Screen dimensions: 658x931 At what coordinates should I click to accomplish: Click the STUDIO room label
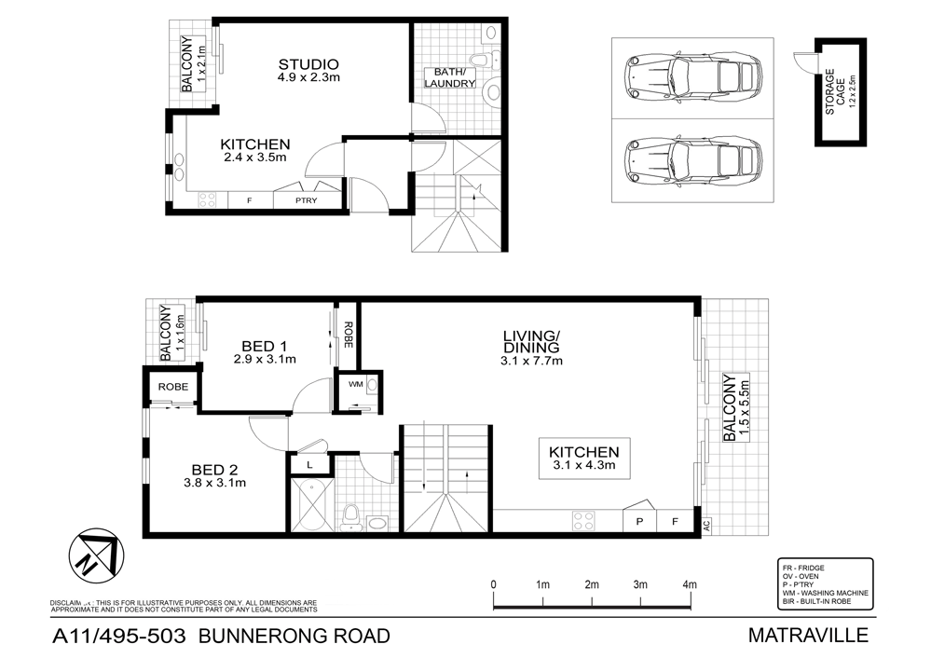pyautogui.click(x=308, y=64)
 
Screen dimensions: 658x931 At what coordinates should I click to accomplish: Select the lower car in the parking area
pyautogui.click(x=691, y=155)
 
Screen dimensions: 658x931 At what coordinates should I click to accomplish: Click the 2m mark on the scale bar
pyautogui.click(x=592, y=584)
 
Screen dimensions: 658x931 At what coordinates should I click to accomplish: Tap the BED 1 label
pyautogui.click(x=264, y=344)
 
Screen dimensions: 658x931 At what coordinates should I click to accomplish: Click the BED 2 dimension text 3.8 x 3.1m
pyautogui.click(x=215, y=483)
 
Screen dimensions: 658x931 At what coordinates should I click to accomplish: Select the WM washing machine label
pyautogui.click(x=355, y=383)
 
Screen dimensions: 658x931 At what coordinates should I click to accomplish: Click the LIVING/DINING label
pyautogui.click(x=531, y=341)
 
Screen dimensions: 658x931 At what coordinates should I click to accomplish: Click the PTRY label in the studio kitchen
pyautogui.click(x=305, y=199)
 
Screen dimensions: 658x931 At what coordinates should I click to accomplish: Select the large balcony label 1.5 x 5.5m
pyautogui.click(x=735, y=410)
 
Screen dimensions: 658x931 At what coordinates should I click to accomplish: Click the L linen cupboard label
pyautogui.click(x=308, y=464)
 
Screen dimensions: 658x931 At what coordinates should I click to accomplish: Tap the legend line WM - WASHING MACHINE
pyautogui.click(x=826, y=593)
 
